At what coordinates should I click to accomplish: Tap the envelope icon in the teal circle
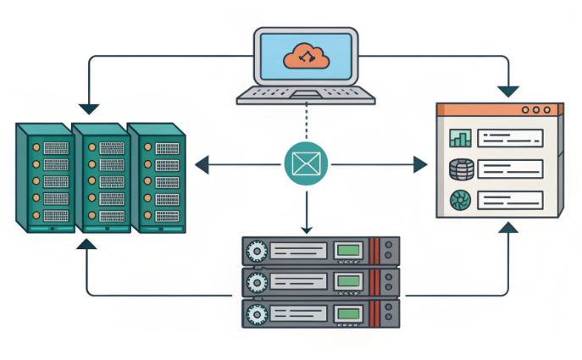(305, 163)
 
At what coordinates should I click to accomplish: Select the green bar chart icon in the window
(460, 138)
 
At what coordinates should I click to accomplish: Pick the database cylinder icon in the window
(460, 169)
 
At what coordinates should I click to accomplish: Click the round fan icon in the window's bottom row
(460, 200)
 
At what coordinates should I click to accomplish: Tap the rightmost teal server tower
(156, 178)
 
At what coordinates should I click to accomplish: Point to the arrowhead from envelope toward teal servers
(202, 163)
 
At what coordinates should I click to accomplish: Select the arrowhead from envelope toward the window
(420, 163)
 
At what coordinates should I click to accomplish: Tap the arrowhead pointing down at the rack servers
(306, 227)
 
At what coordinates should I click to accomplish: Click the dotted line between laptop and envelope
(305, 123)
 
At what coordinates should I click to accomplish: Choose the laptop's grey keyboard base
(305, 97)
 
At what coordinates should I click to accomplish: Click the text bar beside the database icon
(509, 169)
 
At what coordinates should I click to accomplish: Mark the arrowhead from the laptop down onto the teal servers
(89, 108)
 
